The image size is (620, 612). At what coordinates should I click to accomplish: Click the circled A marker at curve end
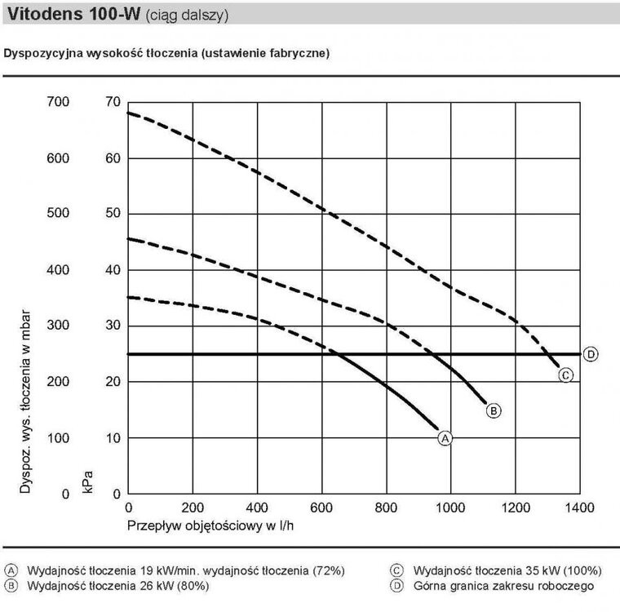(x=445, y=438)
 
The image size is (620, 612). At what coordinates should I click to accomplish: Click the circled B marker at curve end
(x=493, y=410)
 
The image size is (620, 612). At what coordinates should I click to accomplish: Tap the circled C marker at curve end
(x=565, y=375)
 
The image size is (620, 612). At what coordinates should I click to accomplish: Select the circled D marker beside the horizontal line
(x=591, y=354)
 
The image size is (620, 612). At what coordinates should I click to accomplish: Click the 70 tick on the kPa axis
(x=113, y=102)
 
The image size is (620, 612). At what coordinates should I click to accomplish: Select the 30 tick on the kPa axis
(x=113, y=326)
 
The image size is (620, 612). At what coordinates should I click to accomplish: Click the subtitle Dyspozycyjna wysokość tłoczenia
(x=167, y=54)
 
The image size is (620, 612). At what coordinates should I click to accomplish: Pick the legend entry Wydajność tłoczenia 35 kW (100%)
(x=507, y=570)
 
